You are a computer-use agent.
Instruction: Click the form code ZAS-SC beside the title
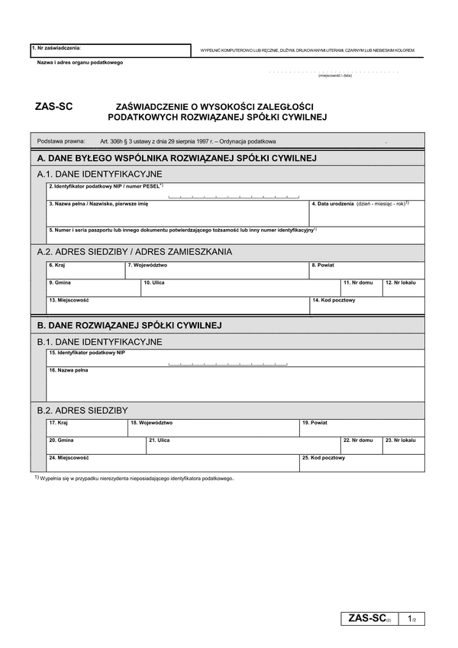click(53, 108)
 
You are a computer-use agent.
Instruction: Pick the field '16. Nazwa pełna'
click(235, 385)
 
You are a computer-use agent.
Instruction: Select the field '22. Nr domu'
click(361, 445)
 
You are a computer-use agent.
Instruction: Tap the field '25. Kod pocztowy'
click(362, 463)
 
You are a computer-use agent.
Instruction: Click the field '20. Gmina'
click(95, 445)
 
